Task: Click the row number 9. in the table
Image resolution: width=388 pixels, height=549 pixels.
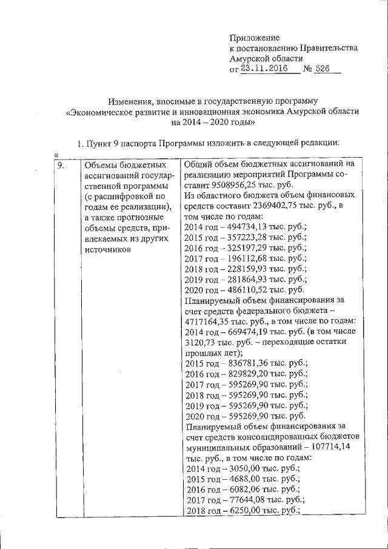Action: tap(61, 164)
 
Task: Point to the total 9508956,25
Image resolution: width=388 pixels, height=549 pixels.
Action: tap(236, 186)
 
